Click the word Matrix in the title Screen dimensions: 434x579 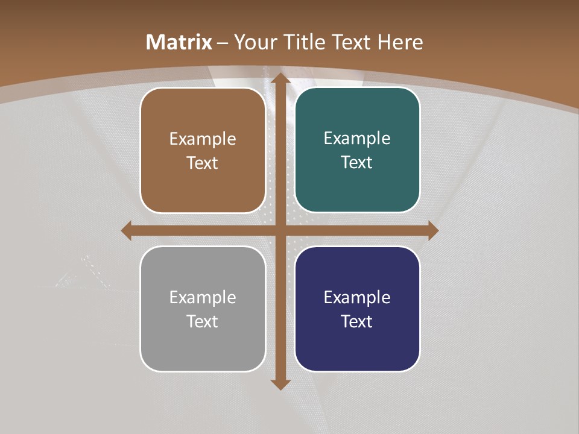click(x=179, y=42)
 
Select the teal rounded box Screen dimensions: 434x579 click(x=357, y=187)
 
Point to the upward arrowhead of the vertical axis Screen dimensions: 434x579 click(x=280, y=78)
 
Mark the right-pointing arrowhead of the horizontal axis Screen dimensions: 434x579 click(x=432, y=230)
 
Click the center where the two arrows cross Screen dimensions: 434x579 click(x=280, y=230)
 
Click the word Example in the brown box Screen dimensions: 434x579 click(x=203, y=139)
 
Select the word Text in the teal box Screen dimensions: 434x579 click(x=357, y=163)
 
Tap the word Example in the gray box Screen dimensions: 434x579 click(x=203, y=298)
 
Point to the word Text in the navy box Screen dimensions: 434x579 click(x=357, y=321)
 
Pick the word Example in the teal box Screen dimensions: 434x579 click(x=357, y=139)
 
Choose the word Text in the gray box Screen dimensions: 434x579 click(x=203, y=321)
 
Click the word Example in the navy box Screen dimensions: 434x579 click(x=357, y=298)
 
